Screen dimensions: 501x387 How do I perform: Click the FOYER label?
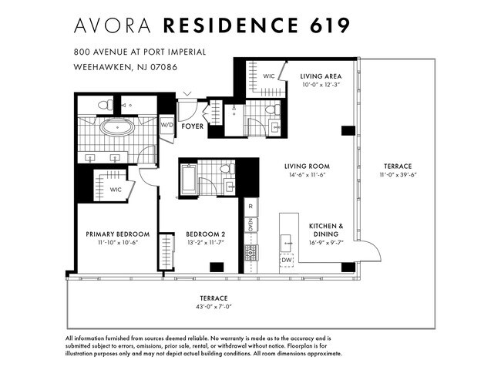click(193, 126)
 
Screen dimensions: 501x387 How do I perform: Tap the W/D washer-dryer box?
click(167, 124)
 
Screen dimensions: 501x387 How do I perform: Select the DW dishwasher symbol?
click(287, 261)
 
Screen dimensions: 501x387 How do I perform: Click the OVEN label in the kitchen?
click(250, 225)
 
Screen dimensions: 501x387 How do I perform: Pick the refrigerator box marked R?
click(250, 207)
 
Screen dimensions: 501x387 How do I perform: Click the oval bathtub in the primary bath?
click(117, 127)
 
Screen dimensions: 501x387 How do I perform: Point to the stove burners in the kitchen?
click(251, 253)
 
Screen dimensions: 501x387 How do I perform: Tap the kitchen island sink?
click(286, 243)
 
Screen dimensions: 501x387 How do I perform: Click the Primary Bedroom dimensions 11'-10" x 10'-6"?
click(118, 243)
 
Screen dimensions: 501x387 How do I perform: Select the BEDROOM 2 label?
click(206, 234)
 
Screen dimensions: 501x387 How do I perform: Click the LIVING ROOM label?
click(307, 167)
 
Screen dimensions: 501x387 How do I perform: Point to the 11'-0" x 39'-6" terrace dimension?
click(398, 175)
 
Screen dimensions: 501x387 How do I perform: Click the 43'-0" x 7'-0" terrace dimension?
click(214, 307)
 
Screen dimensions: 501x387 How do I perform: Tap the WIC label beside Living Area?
click(269, 76)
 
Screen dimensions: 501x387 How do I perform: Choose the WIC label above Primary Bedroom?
click(116, 190)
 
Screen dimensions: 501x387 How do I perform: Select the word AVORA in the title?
click(113, 25)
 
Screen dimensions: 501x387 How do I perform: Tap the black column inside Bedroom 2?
click(217, 268)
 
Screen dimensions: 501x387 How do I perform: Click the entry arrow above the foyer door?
click(187, 94)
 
